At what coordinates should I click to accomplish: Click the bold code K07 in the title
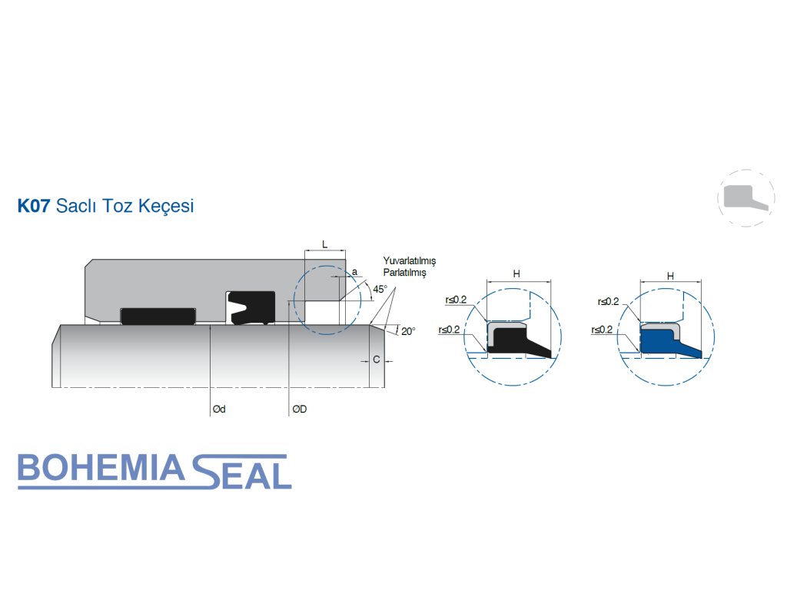(x=34, y=207)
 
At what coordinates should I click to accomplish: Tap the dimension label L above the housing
(x=324, y=244)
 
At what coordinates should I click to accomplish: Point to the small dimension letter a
(x=354, y=272)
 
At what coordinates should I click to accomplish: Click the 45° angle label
(x=380, y=290)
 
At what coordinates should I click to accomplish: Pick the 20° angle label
(x=407, y=331)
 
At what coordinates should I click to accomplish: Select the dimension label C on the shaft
(x=376, y=360)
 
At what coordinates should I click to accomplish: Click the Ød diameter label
(x=219, y=409)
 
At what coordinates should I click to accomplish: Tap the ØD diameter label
(x=299, y=409)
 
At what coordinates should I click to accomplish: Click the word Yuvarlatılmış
(x=409, y=262)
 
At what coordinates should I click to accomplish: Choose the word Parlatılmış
(x=404, y=273)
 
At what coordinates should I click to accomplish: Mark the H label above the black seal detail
(x=516, y=274)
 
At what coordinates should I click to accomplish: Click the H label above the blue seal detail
(x=670, y=275)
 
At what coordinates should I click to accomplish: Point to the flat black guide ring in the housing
(x=158, y=316)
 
